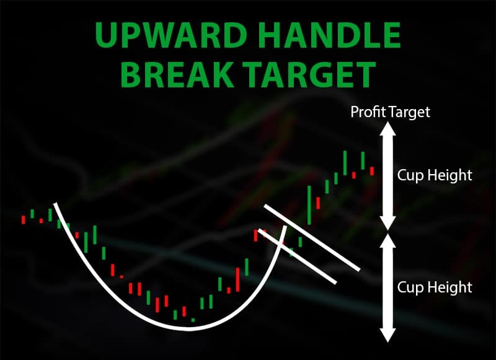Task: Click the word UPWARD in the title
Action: [x=171, y=35]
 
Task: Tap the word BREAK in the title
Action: [x=176, y=74]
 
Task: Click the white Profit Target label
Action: [x=391, y=112]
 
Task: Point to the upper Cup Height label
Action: [x=435, y=175]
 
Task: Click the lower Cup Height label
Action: [x=435, y=288]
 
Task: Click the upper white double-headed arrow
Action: [x=388, y=176]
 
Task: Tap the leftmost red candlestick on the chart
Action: [x=23, y=220]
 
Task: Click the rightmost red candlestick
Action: [x=372, y=171]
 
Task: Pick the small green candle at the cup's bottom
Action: [x=193, y=320]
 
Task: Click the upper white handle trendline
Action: [x=312, y=238]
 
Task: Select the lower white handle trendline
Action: [x=298, y=257]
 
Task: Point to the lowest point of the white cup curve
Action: [x=189, y=329]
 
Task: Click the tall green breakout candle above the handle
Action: [x=309, y=205]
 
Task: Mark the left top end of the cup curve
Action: [x=55, y=204]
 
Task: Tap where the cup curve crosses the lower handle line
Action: [x=280, y=244]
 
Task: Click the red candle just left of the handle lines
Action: [x=255, y=235]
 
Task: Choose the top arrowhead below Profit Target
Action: [x=388, y=128]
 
